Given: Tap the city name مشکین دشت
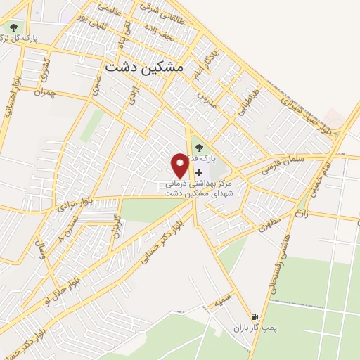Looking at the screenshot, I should tap(143, 66).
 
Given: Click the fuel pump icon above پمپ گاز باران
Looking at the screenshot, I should tap(255, 316).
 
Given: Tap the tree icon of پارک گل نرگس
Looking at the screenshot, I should tap(12, 28).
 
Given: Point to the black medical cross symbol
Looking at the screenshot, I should tap(198, 172).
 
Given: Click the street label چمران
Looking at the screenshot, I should tap(44, 94).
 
